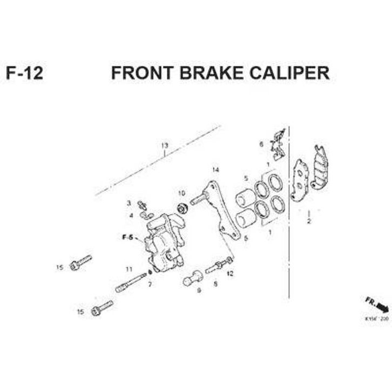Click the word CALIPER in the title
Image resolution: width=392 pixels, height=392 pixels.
(x=288, y=73)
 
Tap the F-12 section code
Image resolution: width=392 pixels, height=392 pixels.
(x=24, y=73)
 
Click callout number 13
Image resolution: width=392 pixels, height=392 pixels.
(x=165, y=146)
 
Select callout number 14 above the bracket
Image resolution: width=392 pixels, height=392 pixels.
(x=215, y=171)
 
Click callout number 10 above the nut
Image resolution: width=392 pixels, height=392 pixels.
(x=181, y=193)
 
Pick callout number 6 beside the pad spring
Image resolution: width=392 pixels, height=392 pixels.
(x=261, y=144)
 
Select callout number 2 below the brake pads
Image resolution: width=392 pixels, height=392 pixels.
(x=309, y=221)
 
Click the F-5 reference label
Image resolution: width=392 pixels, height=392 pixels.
(x=127, y=237)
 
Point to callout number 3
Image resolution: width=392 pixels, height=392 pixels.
(x=129, y=203)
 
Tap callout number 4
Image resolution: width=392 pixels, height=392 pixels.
(x=130, y=215)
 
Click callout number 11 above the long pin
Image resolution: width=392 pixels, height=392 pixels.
(x=129, y=269)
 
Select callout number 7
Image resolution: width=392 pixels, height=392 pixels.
(x=150, y=284)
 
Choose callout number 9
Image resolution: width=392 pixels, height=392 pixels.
(x=199, y=290)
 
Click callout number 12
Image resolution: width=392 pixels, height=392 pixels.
(x=230, y=274)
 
